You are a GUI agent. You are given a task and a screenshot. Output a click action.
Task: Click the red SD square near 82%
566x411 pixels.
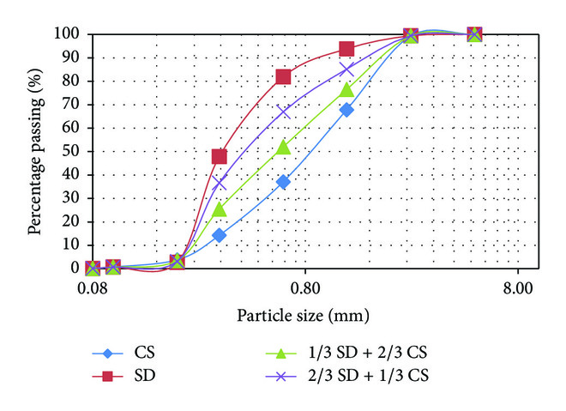tap(283, 76)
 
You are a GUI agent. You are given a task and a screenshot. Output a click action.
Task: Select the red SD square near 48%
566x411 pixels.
tap(220, 156)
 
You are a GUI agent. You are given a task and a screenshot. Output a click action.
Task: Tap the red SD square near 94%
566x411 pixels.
tap(346, 49)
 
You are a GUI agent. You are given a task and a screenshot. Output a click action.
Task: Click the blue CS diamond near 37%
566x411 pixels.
tap(283, 182)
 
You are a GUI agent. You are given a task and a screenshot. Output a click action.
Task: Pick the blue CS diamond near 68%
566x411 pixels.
tap(346, 110)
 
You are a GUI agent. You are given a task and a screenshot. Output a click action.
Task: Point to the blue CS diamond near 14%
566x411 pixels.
tap(220, 235)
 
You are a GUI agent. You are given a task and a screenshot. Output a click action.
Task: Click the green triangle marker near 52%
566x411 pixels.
tap(283, 147)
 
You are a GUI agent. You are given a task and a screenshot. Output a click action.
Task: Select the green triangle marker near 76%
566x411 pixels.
tap(346, 89)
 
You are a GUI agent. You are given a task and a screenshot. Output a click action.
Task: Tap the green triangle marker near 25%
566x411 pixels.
tap(220, 209)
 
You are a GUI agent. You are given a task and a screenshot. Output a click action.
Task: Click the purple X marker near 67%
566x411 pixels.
tap(283, 112)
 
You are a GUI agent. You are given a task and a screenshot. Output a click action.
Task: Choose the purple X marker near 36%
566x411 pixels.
tap(220, 184)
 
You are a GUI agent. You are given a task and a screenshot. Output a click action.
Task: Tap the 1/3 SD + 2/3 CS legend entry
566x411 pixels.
tap(343, 352)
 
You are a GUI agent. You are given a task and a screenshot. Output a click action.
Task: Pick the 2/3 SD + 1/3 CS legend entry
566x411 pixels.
tap(343, 374)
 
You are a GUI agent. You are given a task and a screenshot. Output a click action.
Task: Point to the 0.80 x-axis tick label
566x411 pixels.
tap(304, 289)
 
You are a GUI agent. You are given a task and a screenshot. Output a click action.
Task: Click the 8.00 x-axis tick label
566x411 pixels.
tap(517, 289)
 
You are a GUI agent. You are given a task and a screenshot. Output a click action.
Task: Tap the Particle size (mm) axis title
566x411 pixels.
tap(304, 316)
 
